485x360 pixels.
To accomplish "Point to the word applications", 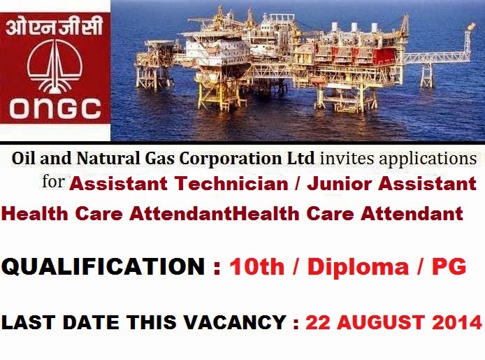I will point(429,158).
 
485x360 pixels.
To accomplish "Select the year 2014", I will point(458,322).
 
